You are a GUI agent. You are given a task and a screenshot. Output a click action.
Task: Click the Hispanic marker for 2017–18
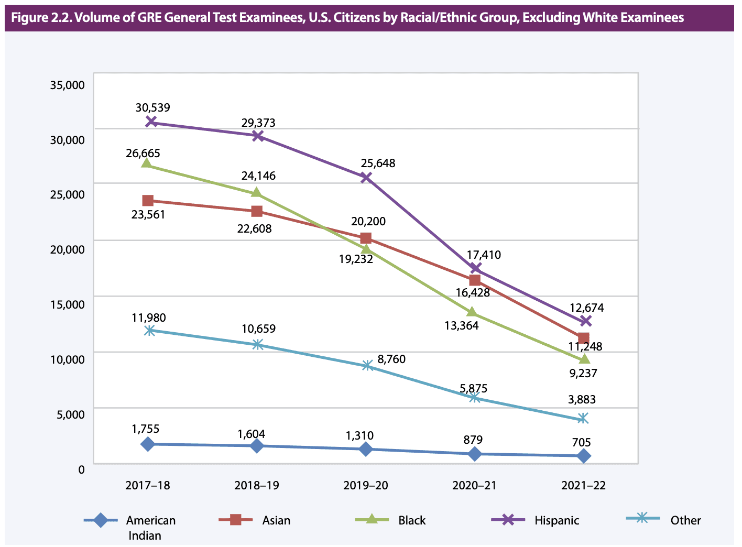click(x=151, y=122)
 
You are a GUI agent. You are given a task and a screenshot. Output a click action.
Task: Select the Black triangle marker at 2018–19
click(x=256, y=192)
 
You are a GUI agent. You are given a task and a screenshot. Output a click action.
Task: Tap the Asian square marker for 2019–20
click(x=366, y=238)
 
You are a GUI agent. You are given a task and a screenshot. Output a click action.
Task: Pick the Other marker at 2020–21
click(x=474, y=398)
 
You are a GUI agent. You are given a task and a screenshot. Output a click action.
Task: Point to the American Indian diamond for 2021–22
click(x=584, y=456)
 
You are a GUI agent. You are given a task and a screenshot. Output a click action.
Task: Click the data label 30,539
click(x=152, y=108)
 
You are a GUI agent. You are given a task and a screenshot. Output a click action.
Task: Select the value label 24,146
click(x=258, y=176)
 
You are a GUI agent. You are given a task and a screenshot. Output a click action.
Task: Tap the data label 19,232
click(x=356, y=258)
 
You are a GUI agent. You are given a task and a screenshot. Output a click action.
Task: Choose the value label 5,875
click(x=473, y=388)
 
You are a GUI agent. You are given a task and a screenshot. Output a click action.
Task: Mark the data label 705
click(x=581, y=442)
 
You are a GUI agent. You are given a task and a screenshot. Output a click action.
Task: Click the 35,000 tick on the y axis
click(x=67, y=85)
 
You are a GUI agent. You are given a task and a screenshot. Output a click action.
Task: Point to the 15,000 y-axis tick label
click(x=67, y=304)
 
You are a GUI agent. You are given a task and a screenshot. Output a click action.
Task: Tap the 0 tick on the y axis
click(x=81, y=469)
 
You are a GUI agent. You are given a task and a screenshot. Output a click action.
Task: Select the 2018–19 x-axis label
click(x=257, y=485)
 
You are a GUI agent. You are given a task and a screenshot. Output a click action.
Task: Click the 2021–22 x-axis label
click(x=583, y=485)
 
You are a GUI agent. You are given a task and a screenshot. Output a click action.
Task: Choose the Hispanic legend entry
click(x=556, y=520)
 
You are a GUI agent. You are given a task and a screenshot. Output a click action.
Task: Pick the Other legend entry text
click(x=685, y=520)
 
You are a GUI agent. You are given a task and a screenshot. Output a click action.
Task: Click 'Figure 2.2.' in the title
click(x=41, y=18)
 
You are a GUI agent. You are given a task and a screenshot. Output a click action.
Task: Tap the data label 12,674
click(x=586, y=308)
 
